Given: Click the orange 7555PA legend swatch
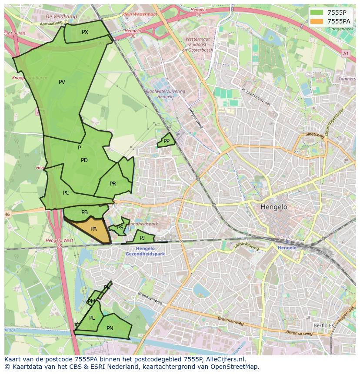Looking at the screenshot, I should [x=317, y=21].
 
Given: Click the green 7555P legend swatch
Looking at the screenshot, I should [x=317, y=12].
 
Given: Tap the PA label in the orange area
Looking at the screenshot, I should [x=93, y=229].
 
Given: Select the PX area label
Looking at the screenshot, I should [x=85, y=32].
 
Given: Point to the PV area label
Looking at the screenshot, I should [x=62, y=82].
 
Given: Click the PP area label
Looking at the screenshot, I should [x=166, y=141].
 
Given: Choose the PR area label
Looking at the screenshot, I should [x=113, y=184].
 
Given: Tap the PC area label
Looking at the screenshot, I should [x=66, y=193].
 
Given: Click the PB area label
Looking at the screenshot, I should [x=84, y=212].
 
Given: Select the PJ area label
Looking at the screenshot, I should [x=142, y=238].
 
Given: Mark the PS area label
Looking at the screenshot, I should [x=120, y=228].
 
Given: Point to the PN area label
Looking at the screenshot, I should [x=110, y=328].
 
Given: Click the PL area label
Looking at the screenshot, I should [x=92, y=318].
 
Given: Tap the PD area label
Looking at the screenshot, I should [x=84, y=160].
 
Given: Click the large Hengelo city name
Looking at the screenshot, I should [x=274, y=207].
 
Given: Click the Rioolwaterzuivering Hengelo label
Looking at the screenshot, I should [x=165, y=94].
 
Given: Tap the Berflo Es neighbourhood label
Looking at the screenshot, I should [x=323, y=325].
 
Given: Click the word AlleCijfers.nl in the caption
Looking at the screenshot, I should [x=223, y=359].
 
